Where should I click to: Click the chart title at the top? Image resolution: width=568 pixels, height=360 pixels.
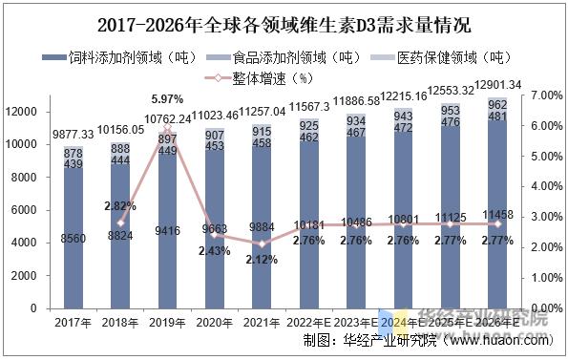pos(284,22)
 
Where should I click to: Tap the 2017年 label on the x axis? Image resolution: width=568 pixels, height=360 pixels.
pos(74,324)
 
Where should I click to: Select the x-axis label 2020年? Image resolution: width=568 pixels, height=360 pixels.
pos(214,324)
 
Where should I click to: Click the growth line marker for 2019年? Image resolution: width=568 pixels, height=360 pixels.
pos(168,128)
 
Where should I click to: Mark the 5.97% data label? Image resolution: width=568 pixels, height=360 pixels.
pos(168,100)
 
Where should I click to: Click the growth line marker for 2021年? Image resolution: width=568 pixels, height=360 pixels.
pos(261,244)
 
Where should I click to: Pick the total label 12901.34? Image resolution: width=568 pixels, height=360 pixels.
pos(498,85)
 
